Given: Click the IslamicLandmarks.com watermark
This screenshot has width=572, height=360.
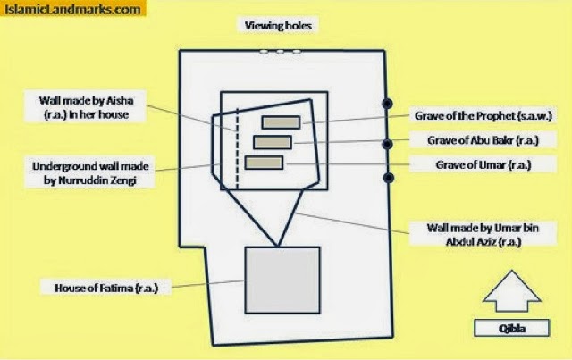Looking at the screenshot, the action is (x=72, y=9).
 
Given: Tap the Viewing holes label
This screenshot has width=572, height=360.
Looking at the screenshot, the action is (x=278, y=26).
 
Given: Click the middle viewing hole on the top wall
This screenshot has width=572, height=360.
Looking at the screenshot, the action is (x=280, y=52).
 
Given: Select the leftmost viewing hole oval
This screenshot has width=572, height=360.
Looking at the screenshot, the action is (x=264, y=52).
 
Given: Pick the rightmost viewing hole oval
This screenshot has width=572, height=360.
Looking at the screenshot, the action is (x=297, y=52).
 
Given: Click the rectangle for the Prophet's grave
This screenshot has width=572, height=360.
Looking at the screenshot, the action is (x=281, y=122).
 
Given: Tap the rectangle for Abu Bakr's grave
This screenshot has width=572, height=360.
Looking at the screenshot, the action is (x=273, y=142).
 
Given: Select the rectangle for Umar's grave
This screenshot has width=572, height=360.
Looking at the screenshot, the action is (x=265, y=163).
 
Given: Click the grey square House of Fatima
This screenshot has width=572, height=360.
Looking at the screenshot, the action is (x=282, y=280).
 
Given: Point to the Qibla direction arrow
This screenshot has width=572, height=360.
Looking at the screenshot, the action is (x=511, y=291).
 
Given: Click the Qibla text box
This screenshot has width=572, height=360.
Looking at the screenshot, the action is (x=511, y=328).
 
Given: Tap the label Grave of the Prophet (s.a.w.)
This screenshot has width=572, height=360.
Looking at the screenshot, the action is (x=484, y=116).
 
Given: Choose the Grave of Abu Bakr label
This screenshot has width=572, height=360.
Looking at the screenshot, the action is (x=483, y=140).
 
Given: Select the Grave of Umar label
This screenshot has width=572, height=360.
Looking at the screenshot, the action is (x=484, y=165).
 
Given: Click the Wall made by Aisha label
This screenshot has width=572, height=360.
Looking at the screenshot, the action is (x=86, y=107).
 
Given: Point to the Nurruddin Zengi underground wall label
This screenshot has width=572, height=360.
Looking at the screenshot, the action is (x=90, y=173).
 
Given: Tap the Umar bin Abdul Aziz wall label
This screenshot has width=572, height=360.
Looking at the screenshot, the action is (x=483, y=235).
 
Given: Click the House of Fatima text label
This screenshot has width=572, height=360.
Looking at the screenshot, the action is (x=106, y=288).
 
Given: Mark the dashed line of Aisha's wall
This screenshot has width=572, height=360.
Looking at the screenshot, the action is (x=237, y=148).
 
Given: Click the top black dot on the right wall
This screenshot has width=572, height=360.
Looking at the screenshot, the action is (x=387, y=104).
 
